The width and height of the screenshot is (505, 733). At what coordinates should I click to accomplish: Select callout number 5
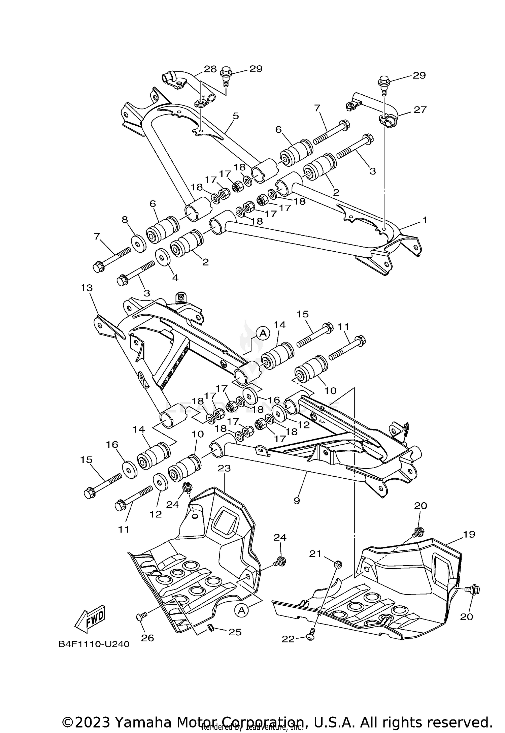coord(236,116)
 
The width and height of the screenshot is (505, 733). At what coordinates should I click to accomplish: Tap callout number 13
coord(87,288)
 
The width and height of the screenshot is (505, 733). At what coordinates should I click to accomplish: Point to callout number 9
coord(297,501)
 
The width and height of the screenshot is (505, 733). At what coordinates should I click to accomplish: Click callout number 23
coord(224,468)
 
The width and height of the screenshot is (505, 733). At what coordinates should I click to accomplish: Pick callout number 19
coord(469,534)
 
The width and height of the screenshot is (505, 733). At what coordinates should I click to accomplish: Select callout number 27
coord(420,109)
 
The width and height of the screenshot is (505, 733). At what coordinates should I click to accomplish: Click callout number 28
coord(210,69)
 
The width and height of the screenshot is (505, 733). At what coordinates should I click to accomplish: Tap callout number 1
coord(425,220)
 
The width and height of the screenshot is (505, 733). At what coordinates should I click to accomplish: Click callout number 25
coord(235,632)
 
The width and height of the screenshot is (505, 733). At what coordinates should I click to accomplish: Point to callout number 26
coord(147,638)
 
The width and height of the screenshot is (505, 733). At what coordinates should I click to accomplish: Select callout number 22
coord(288,639)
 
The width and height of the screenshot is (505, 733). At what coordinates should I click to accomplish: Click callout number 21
coord(315,553)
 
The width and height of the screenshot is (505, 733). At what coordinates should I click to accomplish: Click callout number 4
coord(175,278)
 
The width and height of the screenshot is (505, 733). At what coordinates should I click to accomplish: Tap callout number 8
coord(125,220)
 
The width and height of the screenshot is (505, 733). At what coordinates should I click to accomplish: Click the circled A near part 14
coord(263,333)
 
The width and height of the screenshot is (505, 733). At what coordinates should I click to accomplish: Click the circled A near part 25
coord(241,610)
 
